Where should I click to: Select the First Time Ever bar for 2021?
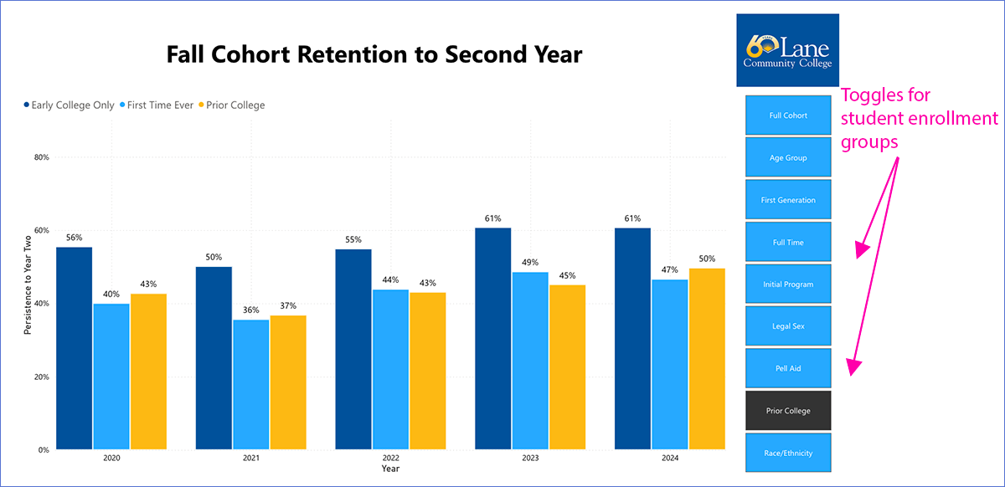(x=250, y=385)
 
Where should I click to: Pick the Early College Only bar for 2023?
(x=492, y=339)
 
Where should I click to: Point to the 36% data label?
(x=250, y=310)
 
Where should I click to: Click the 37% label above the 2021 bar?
(x=287, y=305)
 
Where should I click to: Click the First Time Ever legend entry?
(x=160, y=105)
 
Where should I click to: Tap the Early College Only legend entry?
(x=72, y=105)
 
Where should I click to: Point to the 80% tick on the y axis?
(x=41, y=157)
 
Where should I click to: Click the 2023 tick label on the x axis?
(x=530, y=459)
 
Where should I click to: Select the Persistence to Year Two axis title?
(x=28, y=285)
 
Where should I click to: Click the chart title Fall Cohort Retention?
(x=374, y=55)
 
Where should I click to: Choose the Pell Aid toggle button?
(x=787, y=368)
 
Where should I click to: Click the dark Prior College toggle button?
(x=787, y=411)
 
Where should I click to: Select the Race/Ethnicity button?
(x=787, y=454)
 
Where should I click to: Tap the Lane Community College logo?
(x=787, y=50)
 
